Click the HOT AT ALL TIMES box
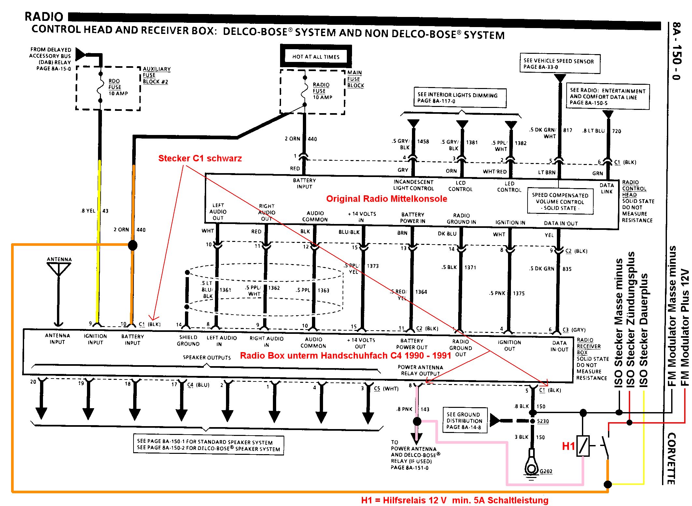[x=316, y=56]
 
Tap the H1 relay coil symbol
[x=583, y=446]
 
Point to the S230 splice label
[x=543, y=421]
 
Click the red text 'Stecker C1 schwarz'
[x=200, y=158]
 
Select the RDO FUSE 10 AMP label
[x=118, y=87]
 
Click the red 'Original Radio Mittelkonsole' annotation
[x=387, y=199]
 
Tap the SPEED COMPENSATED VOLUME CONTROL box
[x=560, y=201]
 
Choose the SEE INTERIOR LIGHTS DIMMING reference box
[x=460, y=97]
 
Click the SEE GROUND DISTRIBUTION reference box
[x=464, y=421]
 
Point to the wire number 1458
[x=423, y=141]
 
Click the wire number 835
[x=567, y=269]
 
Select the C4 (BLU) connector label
[x=198, y=385]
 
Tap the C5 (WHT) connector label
[x=386, y=389]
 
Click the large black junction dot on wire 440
[x=133, y=245]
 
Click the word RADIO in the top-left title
[x=44, y=17]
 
